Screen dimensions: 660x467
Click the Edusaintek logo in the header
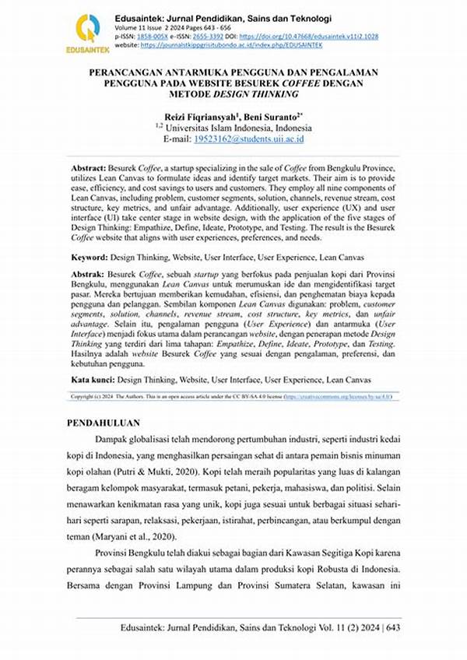pos(87,31)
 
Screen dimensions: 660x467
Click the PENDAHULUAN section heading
pos(104,423)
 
